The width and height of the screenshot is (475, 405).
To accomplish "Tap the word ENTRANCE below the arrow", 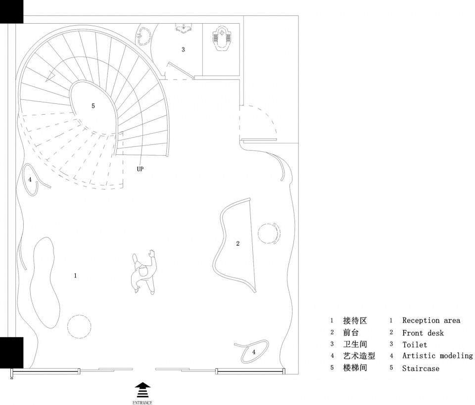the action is coord(142,402).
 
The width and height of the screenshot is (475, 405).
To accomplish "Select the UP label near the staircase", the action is coord(141,169).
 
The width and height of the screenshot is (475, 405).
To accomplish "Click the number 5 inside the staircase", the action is coord(93,106).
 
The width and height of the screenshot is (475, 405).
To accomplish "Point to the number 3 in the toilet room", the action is coord(183,49).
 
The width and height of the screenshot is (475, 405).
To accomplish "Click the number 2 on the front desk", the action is coord(238,243).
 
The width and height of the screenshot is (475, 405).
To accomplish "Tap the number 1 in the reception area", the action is coord(75,275).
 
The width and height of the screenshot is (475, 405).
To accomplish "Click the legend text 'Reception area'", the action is coord(431,320).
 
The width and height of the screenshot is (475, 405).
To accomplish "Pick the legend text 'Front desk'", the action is coord(423,333).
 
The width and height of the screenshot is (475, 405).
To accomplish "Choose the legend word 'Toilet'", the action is coord(414,345).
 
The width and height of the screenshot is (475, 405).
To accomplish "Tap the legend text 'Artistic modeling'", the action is coord(437,356).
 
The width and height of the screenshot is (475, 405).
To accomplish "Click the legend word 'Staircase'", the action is coord(421,368).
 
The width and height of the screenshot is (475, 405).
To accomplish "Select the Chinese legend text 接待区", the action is coord(355,320).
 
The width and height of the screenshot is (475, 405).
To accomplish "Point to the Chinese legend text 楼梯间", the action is coord(355,368).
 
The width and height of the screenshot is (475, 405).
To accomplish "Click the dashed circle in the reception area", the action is coord(79,326).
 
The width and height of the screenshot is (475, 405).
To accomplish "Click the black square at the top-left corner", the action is coord(11,11).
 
